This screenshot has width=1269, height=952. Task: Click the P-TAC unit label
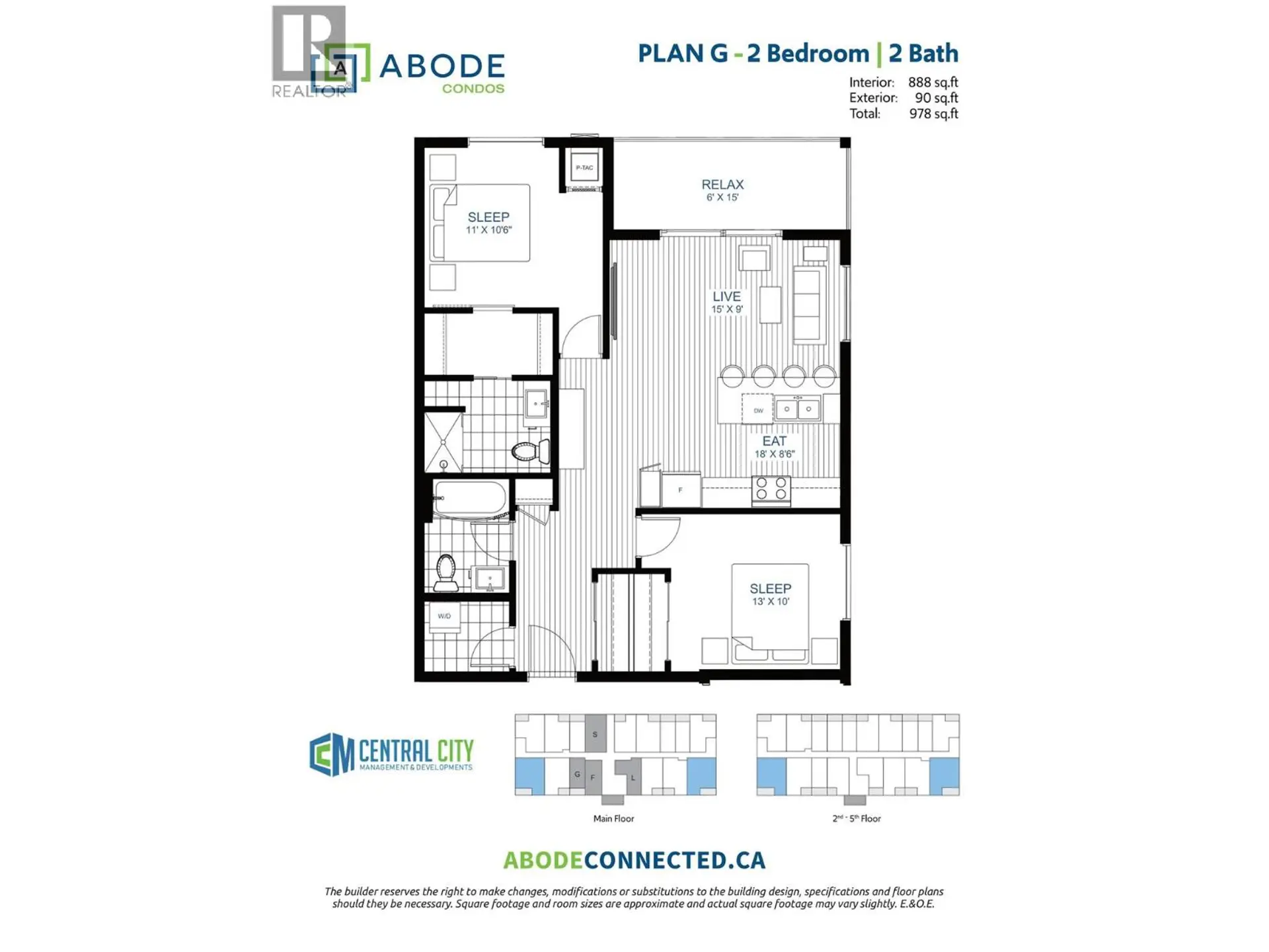tap(584, 168)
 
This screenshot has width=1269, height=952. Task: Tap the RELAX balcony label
tap(722, 185)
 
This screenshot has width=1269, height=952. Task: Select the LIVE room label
tap(726, 297)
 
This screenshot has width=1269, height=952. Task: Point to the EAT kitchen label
tap(774, 441)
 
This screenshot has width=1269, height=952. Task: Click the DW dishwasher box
tap(758, 411)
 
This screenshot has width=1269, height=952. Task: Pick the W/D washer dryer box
tap(444, 617)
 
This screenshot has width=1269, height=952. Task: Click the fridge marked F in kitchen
tap(680, 490)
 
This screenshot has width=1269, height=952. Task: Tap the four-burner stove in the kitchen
tap(771, 489)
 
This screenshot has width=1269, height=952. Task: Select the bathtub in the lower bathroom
tap(471, 498)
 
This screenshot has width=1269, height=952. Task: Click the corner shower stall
tap(443, 442)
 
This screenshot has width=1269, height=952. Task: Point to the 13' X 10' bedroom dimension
tap(770, 602)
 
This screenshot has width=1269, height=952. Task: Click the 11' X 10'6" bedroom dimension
tap(488, 230)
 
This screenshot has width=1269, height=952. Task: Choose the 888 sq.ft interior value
tap(933, 83)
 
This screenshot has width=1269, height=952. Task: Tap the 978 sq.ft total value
tap(933, 114)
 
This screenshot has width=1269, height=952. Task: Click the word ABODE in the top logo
tap(442, 66)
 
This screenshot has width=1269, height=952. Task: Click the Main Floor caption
tap(613, 818)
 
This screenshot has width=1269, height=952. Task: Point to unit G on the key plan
tap(577, 774)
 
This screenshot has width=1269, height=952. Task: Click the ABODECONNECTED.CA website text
tap(634, 860)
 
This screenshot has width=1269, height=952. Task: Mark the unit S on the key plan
tap(595, 734)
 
